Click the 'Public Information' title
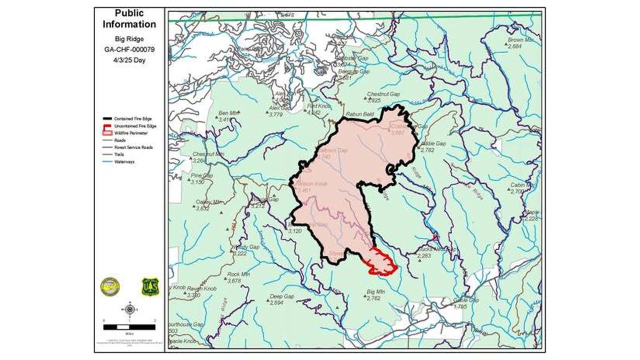(x=129, y=18)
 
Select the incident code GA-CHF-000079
(x=129, y=49)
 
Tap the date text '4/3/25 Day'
(x=129, y=60)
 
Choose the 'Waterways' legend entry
(x=124, y=161)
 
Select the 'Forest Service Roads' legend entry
(x=133, y=147)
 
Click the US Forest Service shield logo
(x=149, y=287)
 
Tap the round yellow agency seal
(x=110, y=286)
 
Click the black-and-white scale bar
(x=129, y=327)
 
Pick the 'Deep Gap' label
(x=281, y=296)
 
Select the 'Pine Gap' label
(x=202, y=176)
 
